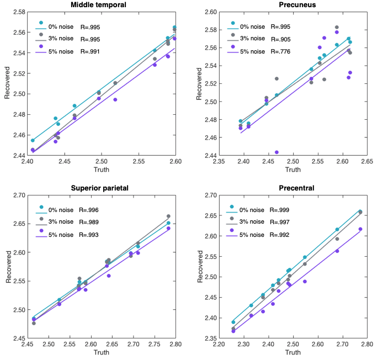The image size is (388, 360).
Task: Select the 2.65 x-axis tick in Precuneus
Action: (367, 162)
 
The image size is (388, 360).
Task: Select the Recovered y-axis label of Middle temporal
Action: (7, 83)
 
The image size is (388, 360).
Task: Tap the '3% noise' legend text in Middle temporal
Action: (60, 39)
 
